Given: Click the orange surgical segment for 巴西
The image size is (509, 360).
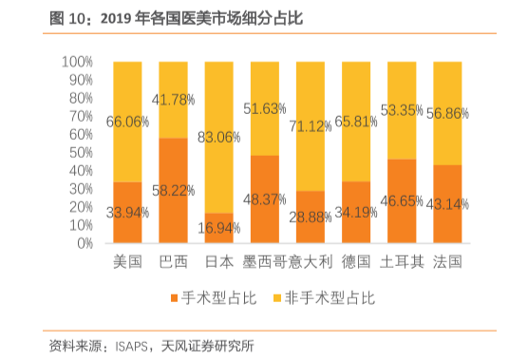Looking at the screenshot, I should click(173, 190).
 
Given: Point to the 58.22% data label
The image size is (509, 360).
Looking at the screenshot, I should click(173, 190).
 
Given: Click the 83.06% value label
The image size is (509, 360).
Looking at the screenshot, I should click(218, 137).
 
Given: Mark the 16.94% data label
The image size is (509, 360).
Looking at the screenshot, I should click(218, 229).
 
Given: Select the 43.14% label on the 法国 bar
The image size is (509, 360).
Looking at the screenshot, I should click(447, 204).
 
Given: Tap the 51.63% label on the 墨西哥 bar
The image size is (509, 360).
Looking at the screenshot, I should click(265, 109).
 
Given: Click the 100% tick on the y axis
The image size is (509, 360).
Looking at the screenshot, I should click(77, 62).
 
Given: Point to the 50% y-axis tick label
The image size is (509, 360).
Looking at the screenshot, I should click(80, 152).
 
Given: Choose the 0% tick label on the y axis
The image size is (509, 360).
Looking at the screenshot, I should click(84, 243).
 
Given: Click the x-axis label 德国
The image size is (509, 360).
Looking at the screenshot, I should click(356, 260).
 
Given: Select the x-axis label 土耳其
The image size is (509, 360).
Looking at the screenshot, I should click(402, 260).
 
